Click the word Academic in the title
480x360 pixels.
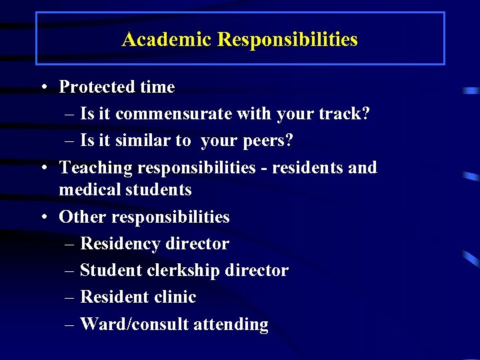[167, 39]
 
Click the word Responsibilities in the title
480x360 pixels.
[287, 39]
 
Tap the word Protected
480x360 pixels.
[97, 87]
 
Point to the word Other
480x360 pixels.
[83, 217]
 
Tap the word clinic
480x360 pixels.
[175, 297]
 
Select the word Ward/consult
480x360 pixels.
[134, 325]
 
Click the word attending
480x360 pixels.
[231, 325]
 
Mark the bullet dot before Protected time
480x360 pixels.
[42, 87]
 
